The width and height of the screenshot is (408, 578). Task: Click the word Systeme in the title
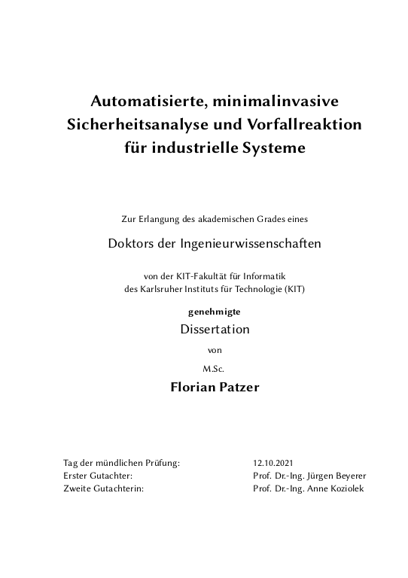pos(275,148)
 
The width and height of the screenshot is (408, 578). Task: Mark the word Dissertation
pos(215,329)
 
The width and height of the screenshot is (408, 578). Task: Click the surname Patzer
pos(237,388)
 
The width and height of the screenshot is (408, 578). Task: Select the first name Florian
pos(193,388)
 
